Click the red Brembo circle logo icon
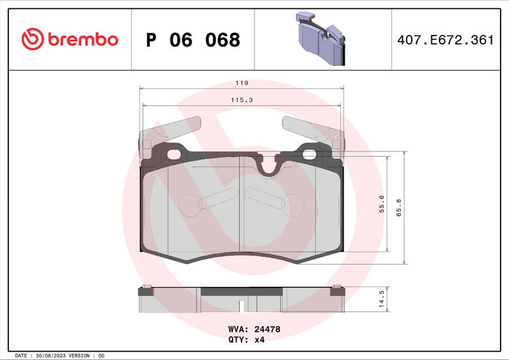coord(32,39)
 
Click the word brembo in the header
coord(80,39)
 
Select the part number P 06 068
coord(193,40)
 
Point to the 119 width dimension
coord(241,83)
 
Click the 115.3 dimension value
coord(241,100)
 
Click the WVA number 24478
coord(268,329)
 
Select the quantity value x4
coord(259,340)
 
